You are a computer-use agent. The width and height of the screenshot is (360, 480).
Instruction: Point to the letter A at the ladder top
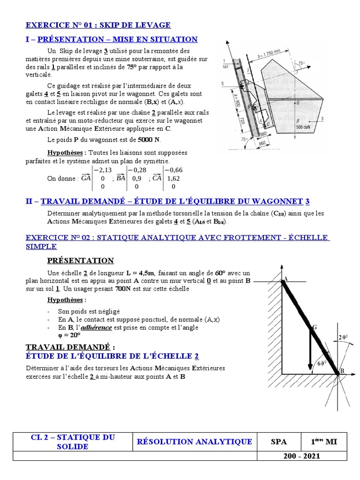click(285, 278)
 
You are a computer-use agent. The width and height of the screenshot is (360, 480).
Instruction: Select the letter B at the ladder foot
click(341, 371)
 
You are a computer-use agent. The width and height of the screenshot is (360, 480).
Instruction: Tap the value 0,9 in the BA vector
click(137, 178)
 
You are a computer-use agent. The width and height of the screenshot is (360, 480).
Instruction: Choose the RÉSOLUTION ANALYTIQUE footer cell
click(194, 442)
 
